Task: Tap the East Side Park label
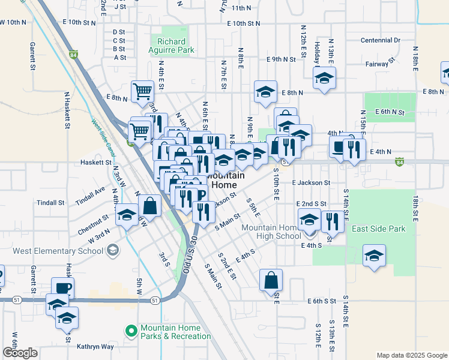click(378, 229)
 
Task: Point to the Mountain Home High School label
click(271, 232)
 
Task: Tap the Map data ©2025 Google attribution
click(411, 355)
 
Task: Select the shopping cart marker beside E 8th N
click(143, 92)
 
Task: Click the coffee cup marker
click(62, 287)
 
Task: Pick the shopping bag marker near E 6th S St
click(271, 279)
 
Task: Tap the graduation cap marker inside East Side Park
click(373, 256)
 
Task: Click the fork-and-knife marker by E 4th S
click(331, 221)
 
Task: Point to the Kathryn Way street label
click(95, 347)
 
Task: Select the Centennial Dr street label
click(381, 40)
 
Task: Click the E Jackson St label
click(311, 182)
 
